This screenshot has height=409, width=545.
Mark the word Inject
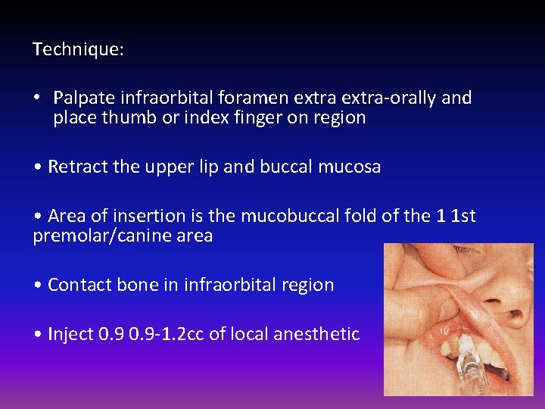pyautogui.click(x=70, y=334)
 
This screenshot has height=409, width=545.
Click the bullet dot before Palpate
pyautogui.click(x=37, y=98)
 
